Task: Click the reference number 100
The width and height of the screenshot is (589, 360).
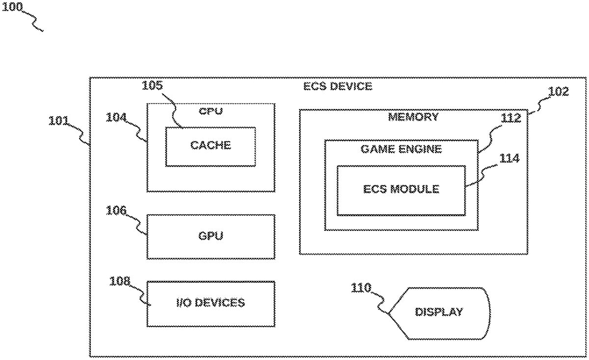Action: point(14,7)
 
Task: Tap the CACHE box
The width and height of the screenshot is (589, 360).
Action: point(210,146)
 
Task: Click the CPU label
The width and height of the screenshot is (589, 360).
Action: point(211,111)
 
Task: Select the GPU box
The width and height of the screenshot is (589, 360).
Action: point(211,236)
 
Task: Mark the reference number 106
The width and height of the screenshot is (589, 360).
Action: point(117,211)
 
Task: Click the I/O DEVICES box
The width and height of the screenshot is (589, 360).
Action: point(210,303)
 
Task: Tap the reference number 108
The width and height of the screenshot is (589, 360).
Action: point(120,281)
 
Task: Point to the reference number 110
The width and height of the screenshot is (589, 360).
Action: point(361,288)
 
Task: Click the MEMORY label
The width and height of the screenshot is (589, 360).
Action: point(413,117)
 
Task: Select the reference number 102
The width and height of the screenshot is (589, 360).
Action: point(559,91)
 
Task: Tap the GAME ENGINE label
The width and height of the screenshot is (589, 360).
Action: point(401,149)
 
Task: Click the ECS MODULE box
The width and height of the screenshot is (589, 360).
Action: point(401,190)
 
